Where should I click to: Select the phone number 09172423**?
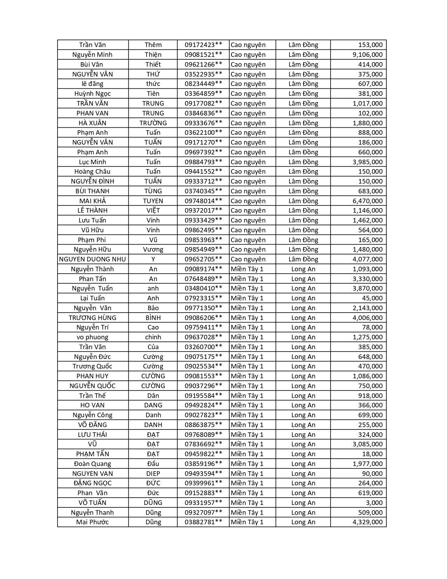tap(203, 45)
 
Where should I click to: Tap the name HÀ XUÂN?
tap(93, 123)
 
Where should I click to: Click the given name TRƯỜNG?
tap(153, 123)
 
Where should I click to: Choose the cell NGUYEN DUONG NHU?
tap(93, 259)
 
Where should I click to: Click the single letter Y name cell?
tap(153, 259)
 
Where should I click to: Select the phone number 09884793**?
tap(203, 162)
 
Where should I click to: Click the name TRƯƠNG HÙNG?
tap(93, 318)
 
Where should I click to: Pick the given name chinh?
tap(153, 337)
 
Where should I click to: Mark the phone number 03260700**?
tap(203, 347)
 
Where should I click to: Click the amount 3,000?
tap(374, 503)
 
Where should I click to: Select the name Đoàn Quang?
tap(93, 464)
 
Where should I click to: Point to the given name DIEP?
tap(153, 473)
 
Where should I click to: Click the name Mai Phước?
tap(93, 522)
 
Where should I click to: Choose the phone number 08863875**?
tap(203, 425)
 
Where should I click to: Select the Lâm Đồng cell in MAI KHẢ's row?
tap(303, 201)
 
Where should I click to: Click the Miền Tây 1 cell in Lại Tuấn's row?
tap(247, 298)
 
